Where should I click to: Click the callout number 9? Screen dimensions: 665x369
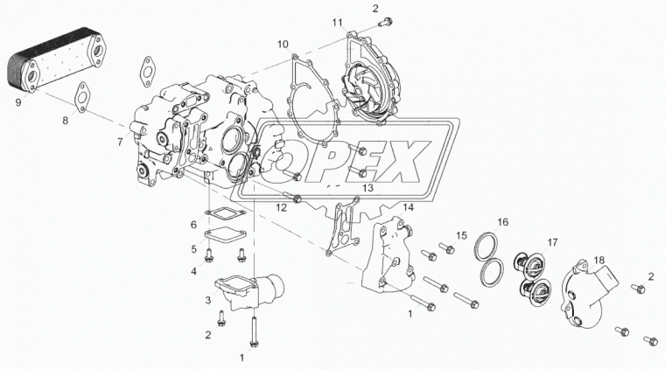18,102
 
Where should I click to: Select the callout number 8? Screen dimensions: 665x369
65,121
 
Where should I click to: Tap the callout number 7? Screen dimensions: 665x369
120,142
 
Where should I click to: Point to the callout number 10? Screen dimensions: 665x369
283,44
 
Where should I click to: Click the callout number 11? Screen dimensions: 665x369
337,22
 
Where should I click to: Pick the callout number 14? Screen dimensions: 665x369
408,207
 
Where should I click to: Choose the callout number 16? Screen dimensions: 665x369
502,222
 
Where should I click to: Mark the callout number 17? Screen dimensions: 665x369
552,243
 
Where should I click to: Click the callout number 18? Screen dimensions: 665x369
598,260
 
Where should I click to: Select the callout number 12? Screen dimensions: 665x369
281,207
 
